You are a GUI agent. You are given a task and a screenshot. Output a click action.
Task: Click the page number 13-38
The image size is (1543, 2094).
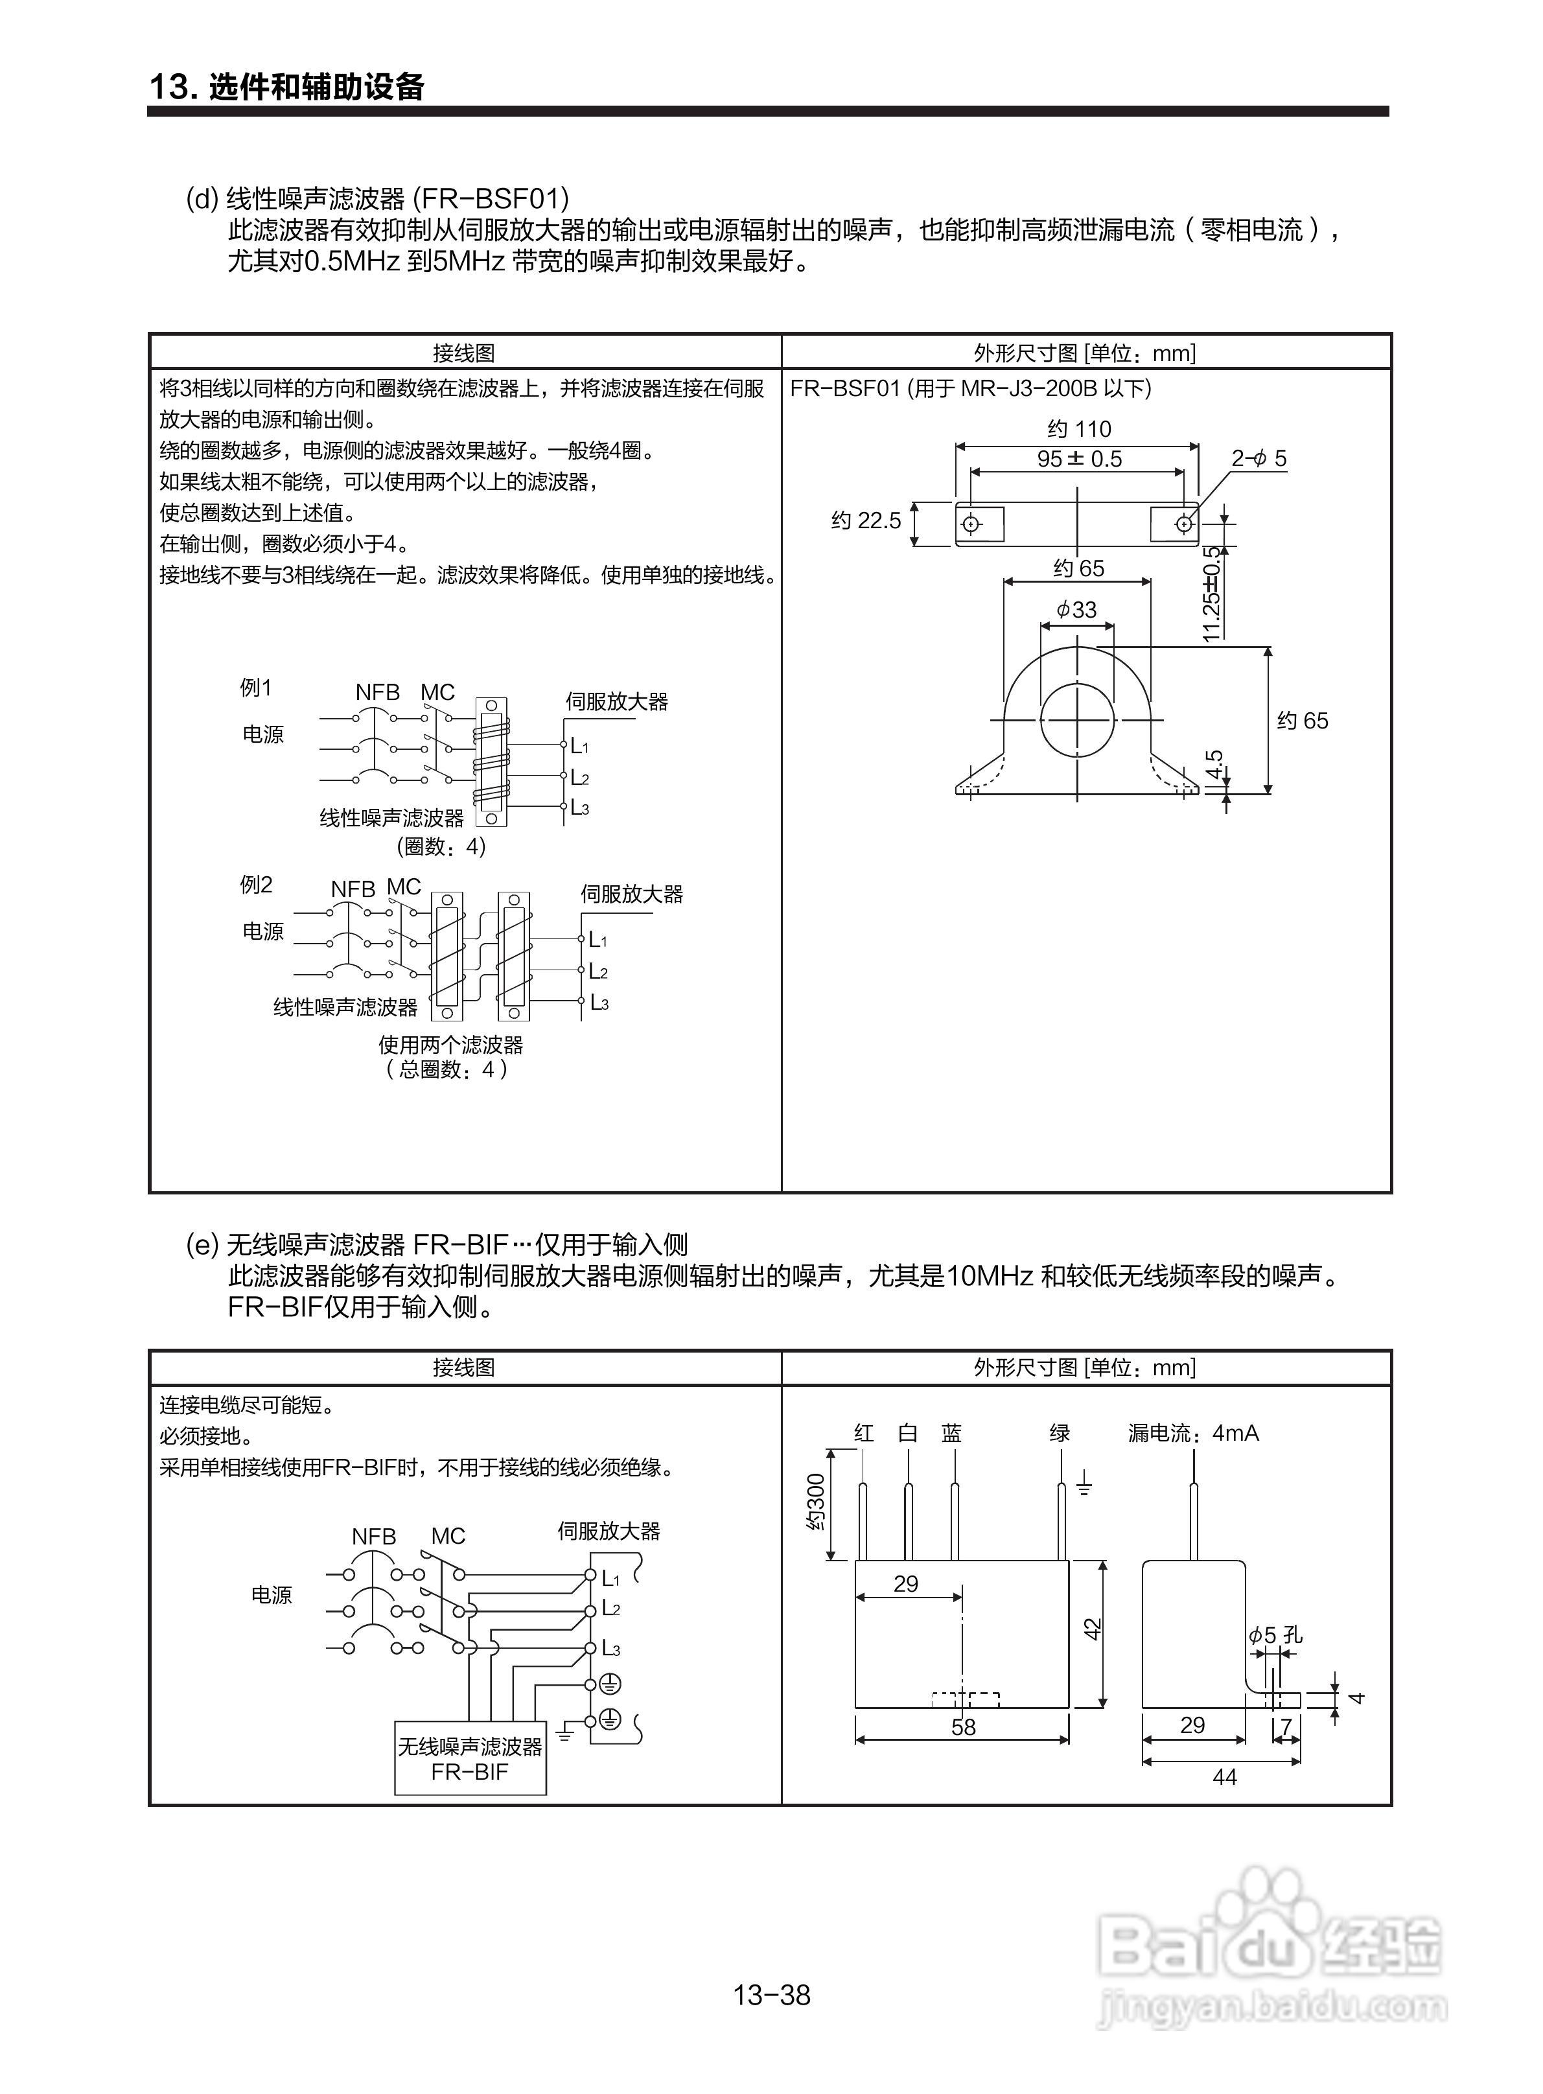pyautogui.click(x=771, y=1995)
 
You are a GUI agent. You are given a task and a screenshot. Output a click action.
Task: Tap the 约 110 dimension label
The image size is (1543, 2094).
pyautogui.click(x=1079, y=428)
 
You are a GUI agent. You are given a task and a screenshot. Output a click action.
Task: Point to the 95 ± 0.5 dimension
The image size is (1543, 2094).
pyautogui.click(x=1079, y=459)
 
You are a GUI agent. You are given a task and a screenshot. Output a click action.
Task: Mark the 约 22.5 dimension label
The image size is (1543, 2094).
pyautogui.click(x=866, y=520)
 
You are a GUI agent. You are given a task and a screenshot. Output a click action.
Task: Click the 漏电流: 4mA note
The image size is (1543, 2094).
pyautogui.click(x=1193, y=1433)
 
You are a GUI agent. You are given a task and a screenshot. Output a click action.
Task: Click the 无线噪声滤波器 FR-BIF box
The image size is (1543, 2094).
pyautogui.click(x=470, y=1758)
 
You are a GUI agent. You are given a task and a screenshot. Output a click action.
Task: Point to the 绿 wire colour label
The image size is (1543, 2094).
pyautogui.click(x=1059, y=1433)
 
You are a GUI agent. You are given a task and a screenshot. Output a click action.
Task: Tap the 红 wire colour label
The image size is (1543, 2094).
pyautogui.click(x=864, y=1433)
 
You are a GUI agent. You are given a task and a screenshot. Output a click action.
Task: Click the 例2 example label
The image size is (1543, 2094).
pyautogui.click(x=256, y=885)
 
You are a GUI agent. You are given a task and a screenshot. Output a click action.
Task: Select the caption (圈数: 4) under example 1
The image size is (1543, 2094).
pyautogui.click(x=441, y=846)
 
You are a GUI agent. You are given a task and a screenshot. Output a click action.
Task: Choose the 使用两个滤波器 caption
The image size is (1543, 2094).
pyautogui.click(x=450, y=1044)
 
